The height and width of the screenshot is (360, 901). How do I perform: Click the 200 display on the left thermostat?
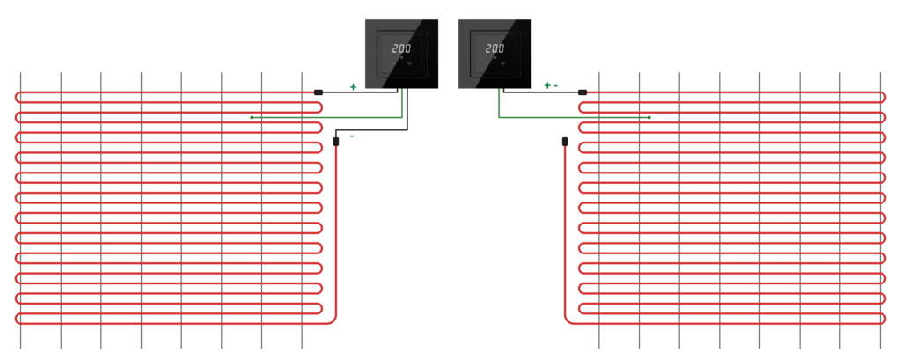coord(401,49)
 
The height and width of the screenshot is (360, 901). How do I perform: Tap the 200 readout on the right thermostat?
coord(494,49)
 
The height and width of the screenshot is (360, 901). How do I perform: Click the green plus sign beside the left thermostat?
coord(353,87)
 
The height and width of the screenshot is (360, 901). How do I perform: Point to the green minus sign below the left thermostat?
coord(352,136)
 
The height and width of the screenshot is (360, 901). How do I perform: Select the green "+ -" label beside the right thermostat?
coord(551,85)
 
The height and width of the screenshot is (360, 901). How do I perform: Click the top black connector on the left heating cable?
coord(319,92)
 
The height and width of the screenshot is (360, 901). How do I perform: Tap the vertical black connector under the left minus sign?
coord(336,142)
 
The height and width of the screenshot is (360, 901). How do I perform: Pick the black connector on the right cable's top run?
coord(582,92)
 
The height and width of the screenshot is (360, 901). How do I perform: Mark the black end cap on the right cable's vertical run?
coord(565,142)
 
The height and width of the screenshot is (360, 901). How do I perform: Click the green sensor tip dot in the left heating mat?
coord(252,117)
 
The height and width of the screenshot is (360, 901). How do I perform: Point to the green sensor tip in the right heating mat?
coord(649,117)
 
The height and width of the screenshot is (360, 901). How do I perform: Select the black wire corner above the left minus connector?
coord(336,130)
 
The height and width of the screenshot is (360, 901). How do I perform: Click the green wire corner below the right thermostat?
coord(499,117)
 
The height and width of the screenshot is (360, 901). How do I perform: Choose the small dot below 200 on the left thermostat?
coord(401,58)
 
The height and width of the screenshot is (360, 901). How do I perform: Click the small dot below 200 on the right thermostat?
coord(494,58)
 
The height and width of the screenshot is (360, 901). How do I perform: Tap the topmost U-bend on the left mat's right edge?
coord(319,107)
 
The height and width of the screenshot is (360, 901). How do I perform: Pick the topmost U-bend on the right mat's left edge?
coord(581,107)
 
